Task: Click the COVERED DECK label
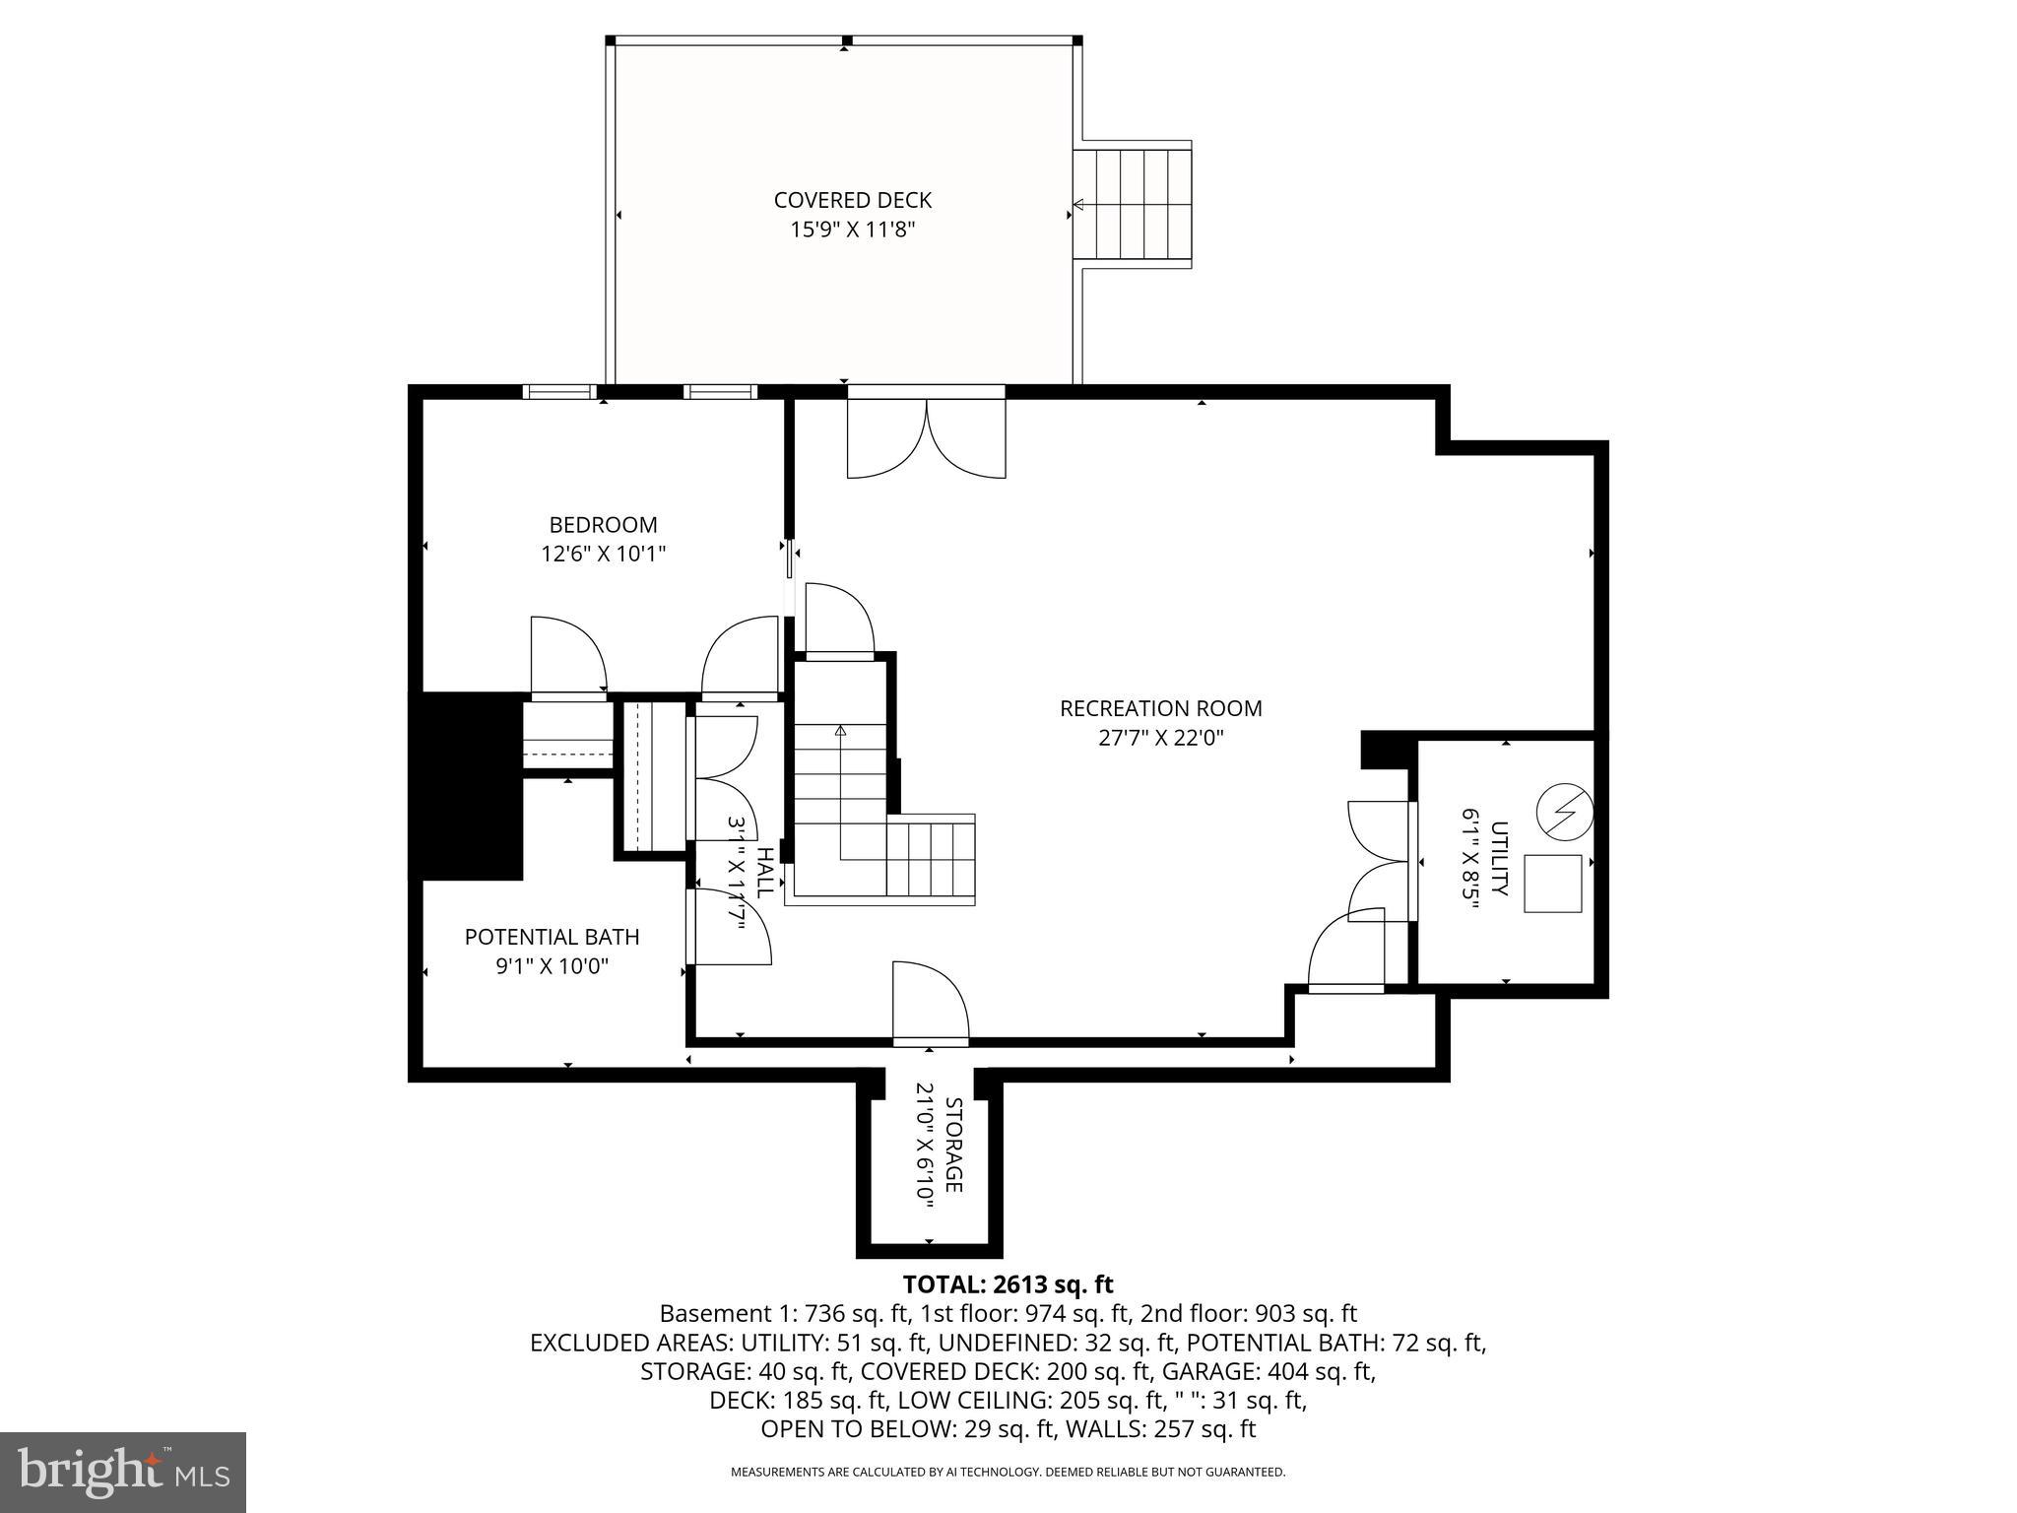tap(852, 200)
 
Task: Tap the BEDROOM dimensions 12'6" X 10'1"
tap(603, 554)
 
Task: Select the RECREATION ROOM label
tap(1160, 708)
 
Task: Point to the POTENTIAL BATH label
tap(552, 937)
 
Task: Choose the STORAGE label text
tap(952, 1145)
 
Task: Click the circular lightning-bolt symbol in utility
tap(1564, 812)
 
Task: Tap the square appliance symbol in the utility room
tap(1553, 884)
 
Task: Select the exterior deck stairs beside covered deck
tap(1133, 205)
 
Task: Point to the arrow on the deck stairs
tap(1078, 205)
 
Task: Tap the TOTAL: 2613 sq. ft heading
tap(1008, 1284)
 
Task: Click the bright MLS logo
tap(123, 1472)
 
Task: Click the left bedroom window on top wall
tap(559, 392)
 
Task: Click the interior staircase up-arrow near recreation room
tap(840, 731)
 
